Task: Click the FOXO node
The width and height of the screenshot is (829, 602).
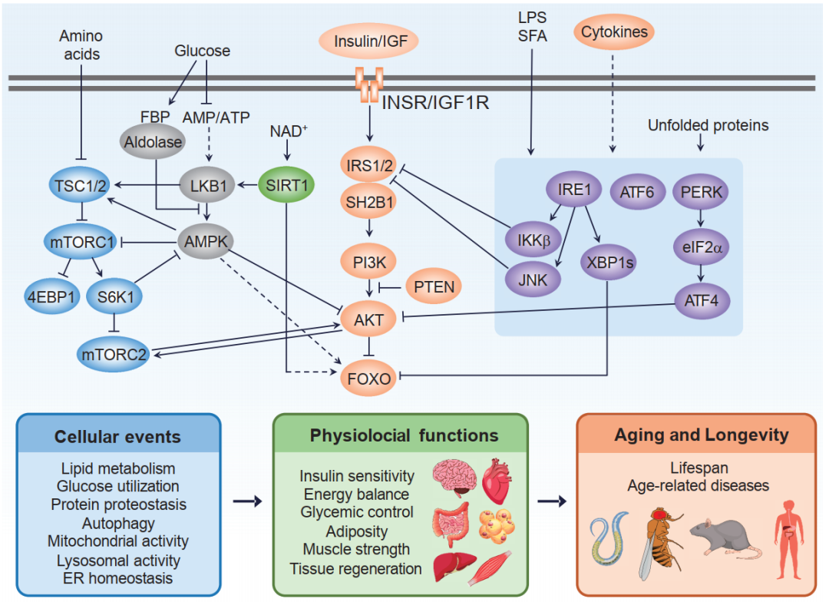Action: click(x=368, y=377)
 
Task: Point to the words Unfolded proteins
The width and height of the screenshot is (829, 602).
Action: click(x=708, y=125)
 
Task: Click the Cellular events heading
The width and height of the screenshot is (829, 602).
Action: click(x=117, y=437)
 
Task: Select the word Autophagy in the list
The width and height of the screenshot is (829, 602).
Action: click(x=118, y=523)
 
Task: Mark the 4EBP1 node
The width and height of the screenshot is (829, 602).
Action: click(x=51, y=297)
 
